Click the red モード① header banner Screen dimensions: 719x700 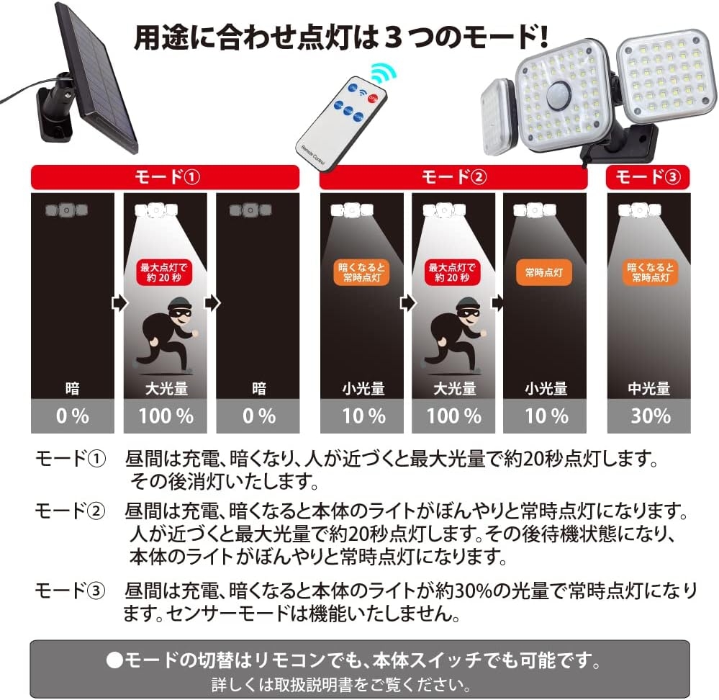[x=165, y=177]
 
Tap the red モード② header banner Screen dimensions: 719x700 [x=453, y=177]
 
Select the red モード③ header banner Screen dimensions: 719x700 [x=648, y=177]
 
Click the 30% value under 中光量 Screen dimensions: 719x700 [x=650, y=416]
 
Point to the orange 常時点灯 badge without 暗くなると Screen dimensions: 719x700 [x=544, y=272]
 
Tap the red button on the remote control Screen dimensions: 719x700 [x=373, y=98]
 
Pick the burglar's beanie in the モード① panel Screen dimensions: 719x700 [x=179, y=304]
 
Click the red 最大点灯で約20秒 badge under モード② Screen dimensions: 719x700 [x=452, y=272]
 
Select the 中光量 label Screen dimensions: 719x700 [x=649, y=389]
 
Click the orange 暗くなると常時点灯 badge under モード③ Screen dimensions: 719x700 [x=650, y=272]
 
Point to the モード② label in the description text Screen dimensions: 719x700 [x=70, y=511]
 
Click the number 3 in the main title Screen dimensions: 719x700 [x=394, y=37]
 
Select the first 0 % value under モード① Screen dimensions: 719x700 [x=73, y=416]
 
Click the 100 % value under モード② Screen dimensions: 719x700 [x=454, y=416]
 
